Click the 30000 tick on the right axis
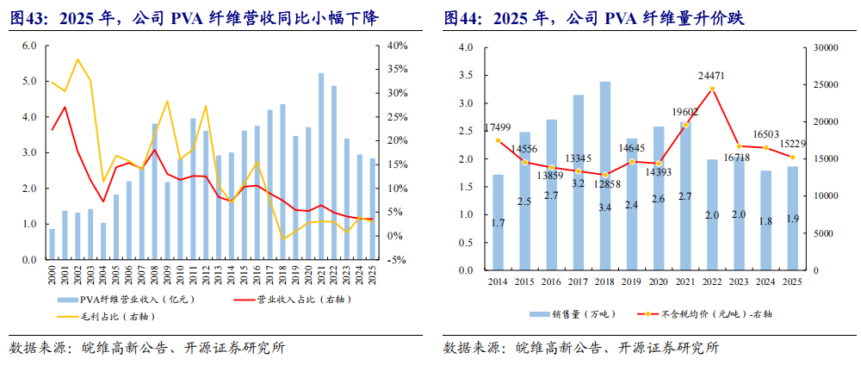(x=826, y=48)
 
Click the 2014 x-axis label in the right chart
(x=498, y=282)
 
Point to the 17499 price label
(x=497, y=127)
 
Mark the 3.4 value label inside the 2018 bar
(x=605, y=206)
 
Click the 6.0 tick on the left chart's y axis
(x=29, y=46)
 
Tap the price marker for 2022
(x=711, y=90)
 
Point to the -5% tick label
(x=395, y=260)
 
